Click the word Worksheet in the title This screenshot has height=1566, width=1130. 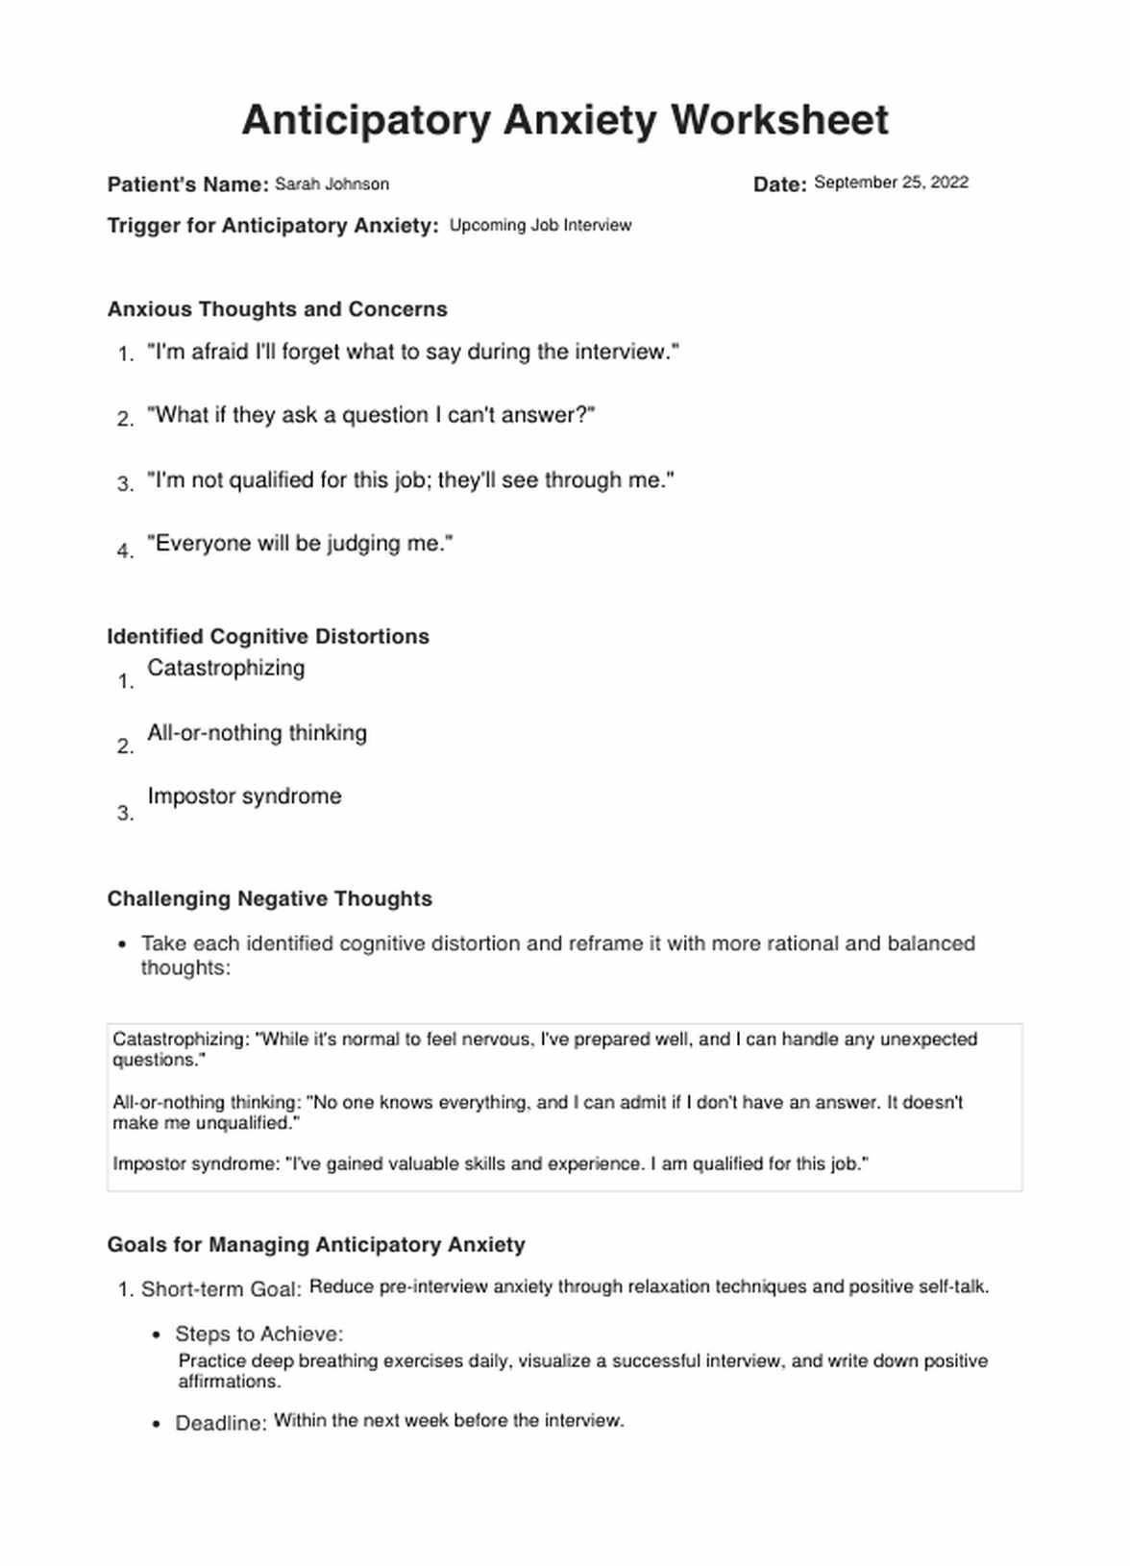point(779,121)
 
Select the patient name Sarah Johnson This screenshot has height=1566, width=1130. point(332,184)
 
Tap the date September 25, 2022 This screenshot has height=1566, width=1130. point(891,183)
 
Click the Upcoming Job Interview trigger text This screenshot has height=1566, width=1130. point(540,226)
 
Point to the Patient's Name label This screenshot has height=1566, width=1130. point(187,184)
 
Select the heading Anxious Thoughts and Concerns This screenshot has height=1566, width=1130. point(277,309)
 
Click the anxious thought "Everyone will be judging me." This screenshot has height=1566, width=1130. point(300,544)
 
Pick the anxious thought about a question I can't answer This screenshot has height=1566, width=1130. point(371,416)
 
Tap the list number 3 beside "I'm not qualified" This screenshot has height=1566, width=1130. point(125,484)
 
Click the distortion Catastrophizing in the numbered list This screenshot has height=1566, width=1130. point(226,669)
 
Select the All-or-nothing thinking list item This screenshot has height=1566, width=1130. point(257,733)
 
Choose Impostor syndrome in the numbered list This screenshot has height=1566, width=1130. point(244,796)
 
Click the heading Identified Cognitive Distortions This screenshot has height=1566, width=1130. point(268,637)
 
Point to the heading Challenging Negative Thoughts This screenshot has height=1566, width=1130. point(269,899)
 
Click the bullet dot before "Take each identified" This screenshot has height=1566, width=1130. point(122,944)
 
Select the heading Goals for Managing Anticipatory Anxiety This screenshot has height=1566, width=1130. point(316,1245)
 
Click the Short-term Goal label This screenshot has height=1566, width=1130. point(221,1289)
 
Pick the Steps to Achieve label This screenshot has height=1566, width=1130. point(258,1334)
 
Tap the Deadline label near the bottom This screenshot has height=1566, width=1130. point(221,1424)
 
